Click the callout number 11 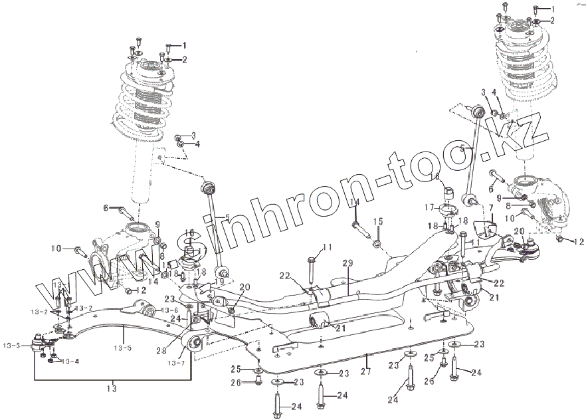pos(327,248)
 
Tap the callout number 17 pos(431,207)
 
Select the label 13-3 pos(12,345)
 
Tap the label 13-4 pos(69,362)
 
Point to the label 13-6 pos(169,310)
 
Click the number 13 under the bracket pos(112,387)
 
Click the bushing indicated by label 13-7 pos(195,343)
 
